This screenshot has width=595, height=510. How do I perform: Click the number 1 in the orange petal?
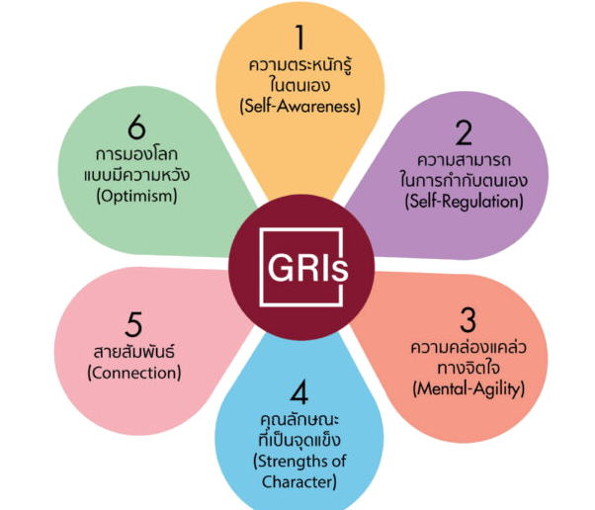pyautogui.click(x=300, y=38)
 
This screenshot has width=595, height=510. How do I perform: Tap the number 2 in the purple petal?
pyautogui.click(x=464, y=132)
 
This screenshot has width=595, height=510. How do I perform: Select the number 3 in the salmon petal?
pyautogui.click(x=467, y=320)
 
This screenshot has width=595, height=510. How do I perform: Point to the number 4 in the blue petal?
pyautogui.click(x=299, y=392)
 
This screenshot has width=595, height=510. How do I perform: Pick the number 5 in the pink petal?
pyautogui.click(x=133, y=324)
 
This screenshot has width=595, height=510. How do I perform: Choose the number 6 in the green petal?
pyautogui.click(x=137, y=127)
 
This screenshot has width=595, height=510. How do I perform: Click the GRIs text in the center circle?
pyautogui.click(x=307, y=268)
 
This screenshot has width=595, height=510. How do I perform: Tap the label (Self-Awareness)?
pyautogui.click(x=300, y=106)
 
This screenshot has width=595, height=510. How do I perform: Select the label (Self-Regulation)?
pyautogui.click(x=465, y=202)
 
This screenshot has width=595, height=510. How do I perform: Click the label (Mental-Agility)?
pyautogui.click(x=468, y=389)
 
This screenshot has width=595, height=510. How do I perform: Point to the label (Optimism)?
pyautogui.click(x=137, y=196)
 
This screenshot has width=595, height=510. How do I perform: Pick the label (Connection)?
pyautogui.click(x=134, y=373)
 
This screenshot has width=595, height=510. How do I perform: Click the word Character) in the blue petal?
pyautogui.click(x=299, y=482)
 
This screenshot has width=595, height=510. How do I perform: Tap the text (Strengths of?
pyautogui.click(x=299, y=462)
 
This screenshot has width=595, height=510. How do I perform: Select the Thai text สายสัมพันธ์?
pyautogui.click(x=134, y=351)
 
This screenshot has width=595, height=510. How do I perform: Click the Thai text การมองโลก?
pyautogui.click(x=136, y=154)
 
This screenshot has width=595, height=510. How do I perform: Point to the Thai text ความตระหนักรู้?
pyautogui.click(x=299, y=65)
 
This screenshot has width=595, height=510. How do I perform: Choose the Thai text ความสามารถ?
pyautogui.click(x=465, y=160)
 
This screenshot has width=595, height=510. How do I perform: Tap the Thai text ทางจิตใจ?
pyautogui.click(x=468, y=368)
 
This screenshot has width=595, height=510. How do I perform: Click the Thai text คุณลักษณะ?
pyautogui.click(x=299, y=420)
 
